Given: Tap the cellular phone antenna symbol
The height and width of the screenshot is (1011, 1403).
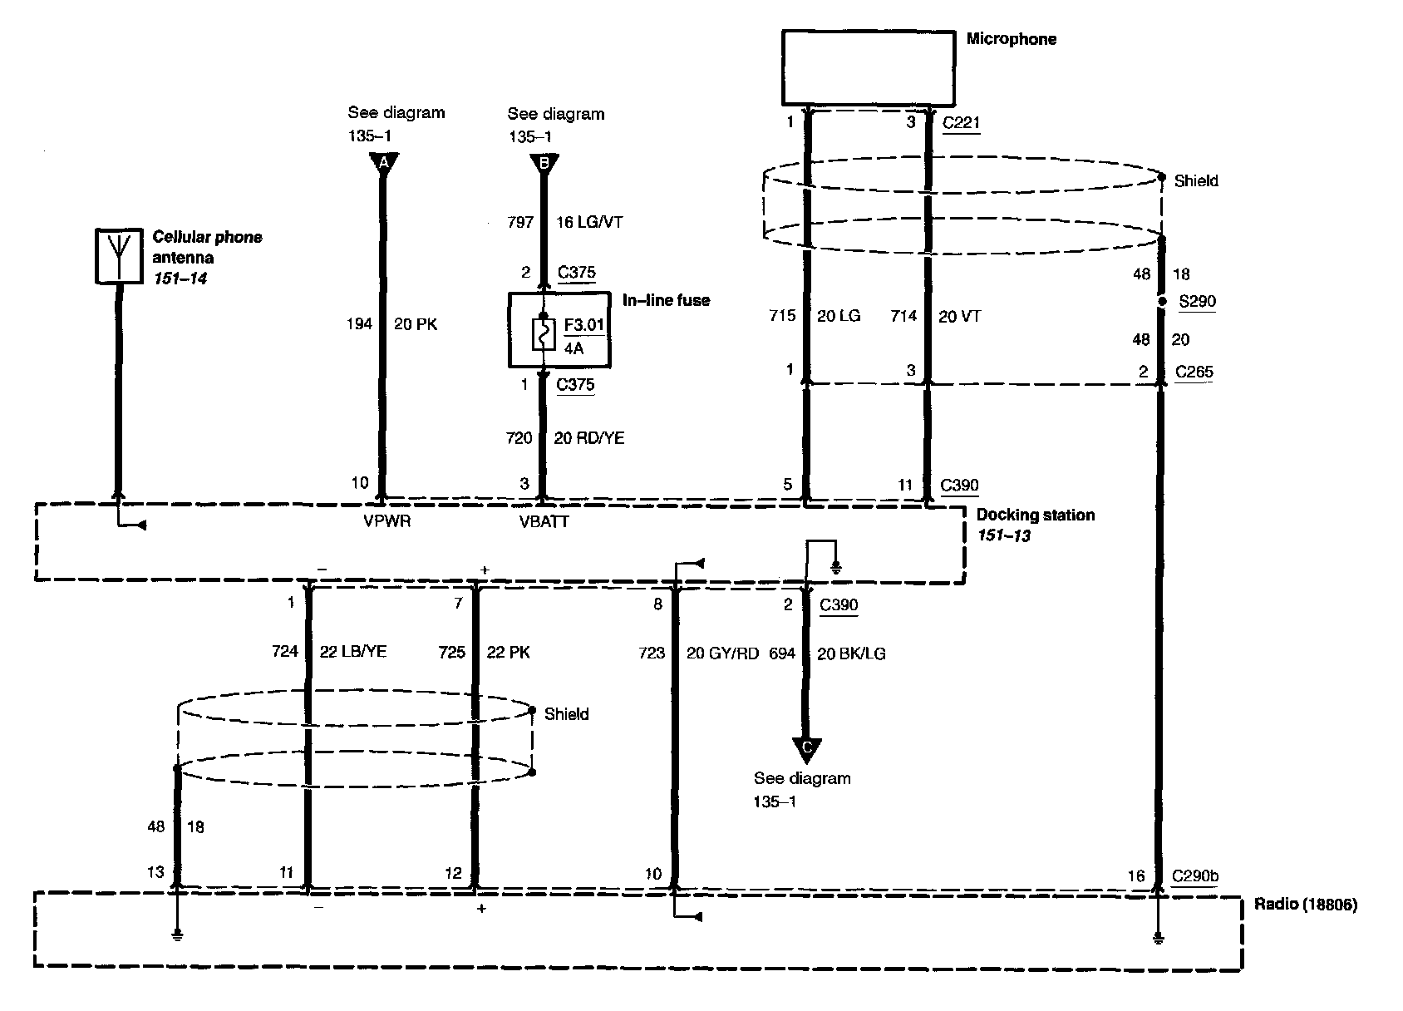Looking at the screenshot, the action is point(119,255).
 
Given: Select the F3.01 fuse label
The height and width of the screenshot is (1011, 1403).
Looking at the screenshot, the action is point(583,324).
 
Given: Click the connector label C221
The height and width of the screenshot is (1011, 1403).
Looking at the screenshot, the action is point(961,123).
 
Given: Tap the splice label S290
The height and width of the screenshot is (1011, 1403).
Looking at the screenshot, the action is point(1197,301).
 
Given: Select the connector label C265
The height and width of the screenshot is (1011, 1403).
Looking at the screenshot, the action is point(1194,372).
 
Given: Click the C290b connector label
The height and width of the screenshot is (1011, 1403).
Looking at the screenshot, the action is point(1195,875).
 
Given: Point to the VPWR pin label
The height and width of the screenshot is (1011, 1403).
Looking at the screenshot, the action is point(387,521).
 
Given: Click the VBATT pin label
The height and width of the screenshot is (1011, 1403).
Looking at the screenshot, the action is point(544,522).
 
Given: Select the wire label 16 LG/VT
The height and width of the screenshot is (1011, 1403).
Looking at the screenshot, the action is point(589,222).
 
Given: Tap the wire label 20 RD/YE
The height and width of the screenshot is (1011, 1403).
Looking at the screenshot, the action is point(588,438).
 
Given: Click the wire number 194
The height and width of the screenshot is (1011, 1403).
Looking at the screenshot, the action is point(360,324).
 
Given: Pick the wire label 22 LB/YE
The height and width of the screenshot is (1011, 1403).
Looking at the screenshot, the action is point(352,652).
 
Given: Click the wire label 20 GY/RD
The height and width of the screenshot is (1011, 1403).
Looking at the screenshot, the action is point(722,653).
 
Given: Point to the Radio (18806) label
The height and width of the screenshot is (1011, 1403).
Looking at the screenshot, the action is point(1305,905).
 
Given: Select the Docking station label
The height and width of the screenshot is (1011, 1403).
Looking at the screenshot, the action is point(1036,515).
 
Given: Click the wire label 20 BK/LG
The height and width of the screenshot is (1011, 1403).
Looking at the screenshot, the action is point(851,654).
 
